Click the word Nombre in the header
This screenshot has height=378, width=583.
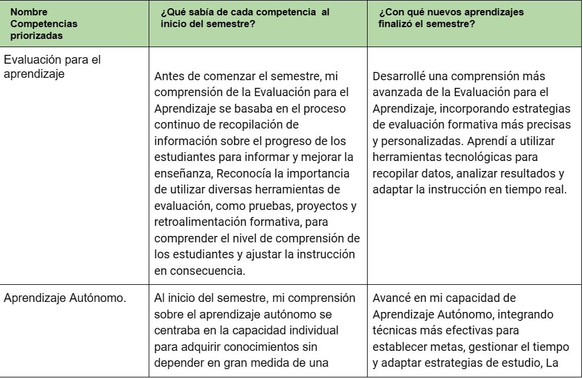(27, 12)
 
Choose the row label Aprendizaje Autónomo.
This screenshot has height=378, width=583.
(65, 297)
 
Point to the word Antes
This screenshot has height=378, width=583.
(169, 77)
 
